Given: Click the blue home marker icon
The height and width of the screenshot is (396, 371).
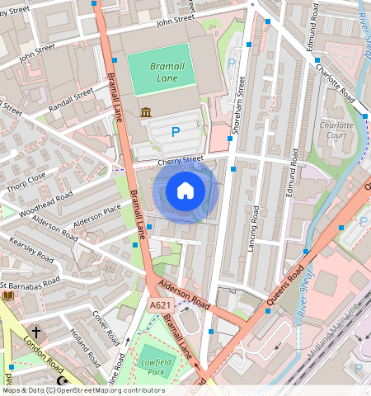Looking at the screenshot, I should click(185, 191).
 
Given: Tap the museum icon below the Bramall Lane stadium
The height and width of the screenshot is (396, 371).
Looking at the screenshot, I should click(146, 112).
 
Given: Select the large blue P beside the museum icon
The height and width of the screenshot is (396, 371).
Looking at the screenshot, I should click(175, 131).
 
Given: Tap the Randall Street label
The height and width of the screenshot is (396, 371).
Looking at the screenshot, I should click(71, 105).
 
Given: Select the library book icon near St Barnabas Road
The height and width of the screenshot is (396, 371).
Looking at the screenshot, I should click(8, 295).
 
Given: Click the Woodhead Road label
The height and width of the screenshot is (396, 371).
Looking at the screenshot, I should click(47, 204).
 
